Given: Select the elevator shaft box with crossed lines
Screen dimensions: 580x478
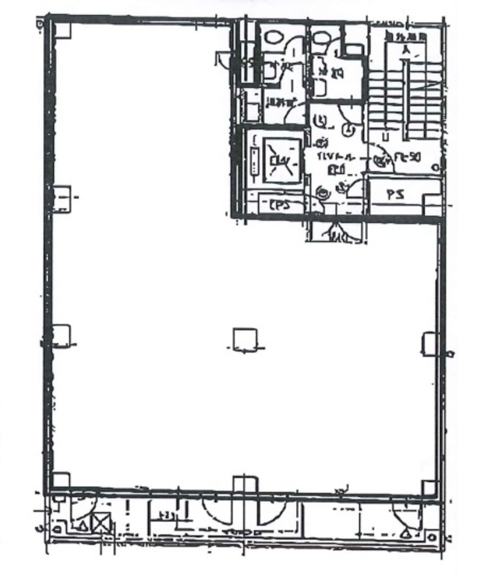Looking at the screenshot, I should point(281,160).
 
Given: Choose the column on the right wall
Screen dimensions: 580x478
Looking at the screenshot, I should point(430,344).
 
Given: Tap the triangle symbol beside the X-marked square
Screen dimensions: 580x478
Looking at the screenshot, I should point(83,526).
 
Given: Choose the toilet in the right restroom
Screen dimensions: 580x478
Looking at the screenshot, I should point(319,37).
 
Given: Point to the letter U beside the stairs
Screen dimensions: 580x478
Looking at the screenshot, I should point(385,136).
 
